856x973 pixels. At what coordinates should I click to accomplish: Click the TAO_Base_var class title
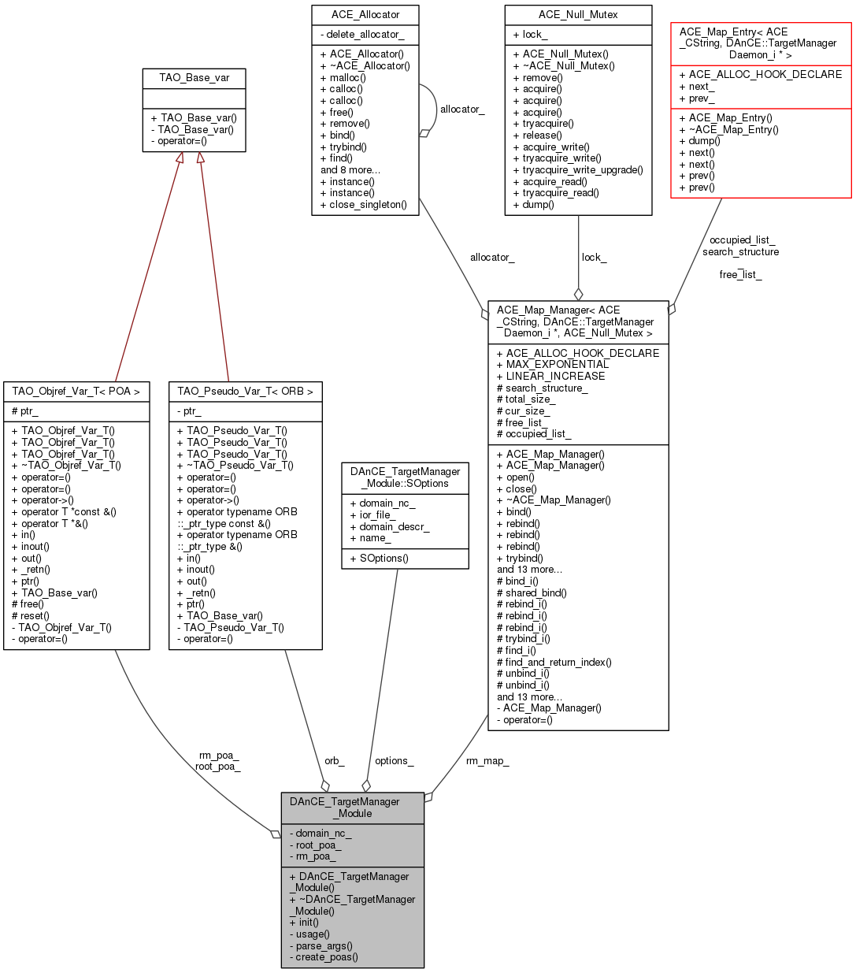193,78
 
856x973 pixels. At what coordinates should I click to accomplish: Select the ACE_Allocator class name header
365,15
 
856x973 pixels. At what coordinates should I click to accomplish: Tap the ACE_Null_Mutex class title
578,15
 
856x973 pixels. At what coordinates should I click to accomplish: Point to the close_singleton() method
364,205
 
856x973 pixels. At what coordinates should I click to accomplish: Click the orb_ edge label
335,761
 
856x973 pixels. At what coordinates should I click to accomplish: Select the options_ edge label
394,761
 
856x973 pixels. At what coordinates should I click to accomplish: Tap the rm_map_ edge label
487,761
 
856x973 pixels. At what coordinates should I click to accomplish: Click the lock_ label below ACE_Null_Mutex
594,258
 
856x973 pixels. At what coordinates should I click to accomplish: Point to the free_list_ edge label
740,275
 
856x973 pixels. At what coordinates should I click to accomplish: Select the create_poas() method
323,957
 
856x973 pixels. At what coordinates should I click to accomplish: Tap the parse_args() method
321,945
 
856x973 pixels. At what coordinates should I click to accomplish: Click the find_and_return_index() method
554,663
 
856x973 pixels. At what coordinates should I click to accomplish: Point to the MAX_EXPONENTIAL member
552,365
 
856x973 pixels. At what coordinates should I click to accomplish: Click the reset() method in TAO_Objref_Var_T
31,616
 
